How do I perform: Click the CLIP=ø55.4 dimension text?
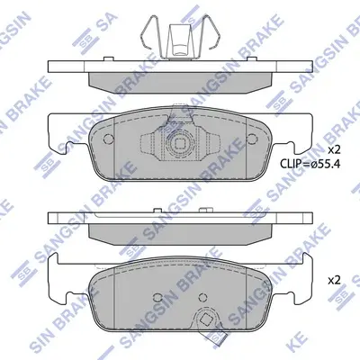tap(310, 164)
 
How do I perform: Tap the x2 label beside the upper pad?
tap(333, 149)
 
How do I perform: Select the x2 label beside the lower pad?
tap(334, 281)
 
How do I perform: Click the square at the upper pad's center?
tap(180, 145)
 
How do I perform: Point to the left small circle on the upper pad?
tap(108, 139)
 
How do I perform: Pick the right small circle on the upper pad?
tap(252, 139)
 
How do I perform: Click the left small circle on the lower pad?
tap(157, 297)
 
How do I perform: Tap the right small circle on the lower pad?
tap(203, 297)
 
